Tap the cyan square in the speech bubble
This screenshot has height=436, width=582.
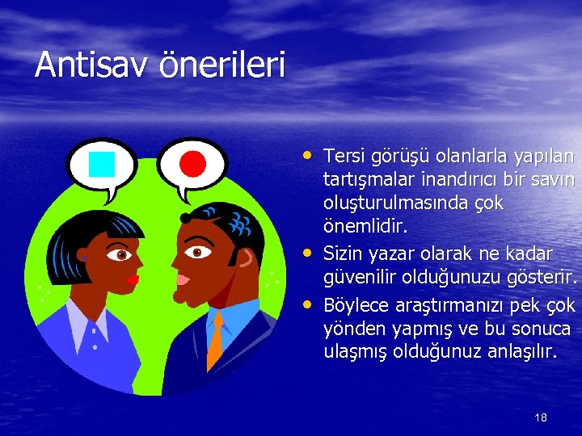pyautogui.click(x=102, y=164)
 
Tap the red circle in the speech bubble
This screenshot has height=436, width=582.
pyautogui.click(x=192, y=164)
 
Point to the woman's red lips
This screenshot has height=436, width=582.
pyautogui.click(x=132, y=279)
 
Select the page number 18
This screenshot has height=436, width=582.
pyautogui.click(x=541, y=417)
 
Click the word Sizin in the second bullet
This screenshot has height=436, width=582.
pyautogui.click(x=343, y=254)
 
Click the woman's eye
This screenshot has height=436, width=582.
pyautogui.click(x=121, y=255)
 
